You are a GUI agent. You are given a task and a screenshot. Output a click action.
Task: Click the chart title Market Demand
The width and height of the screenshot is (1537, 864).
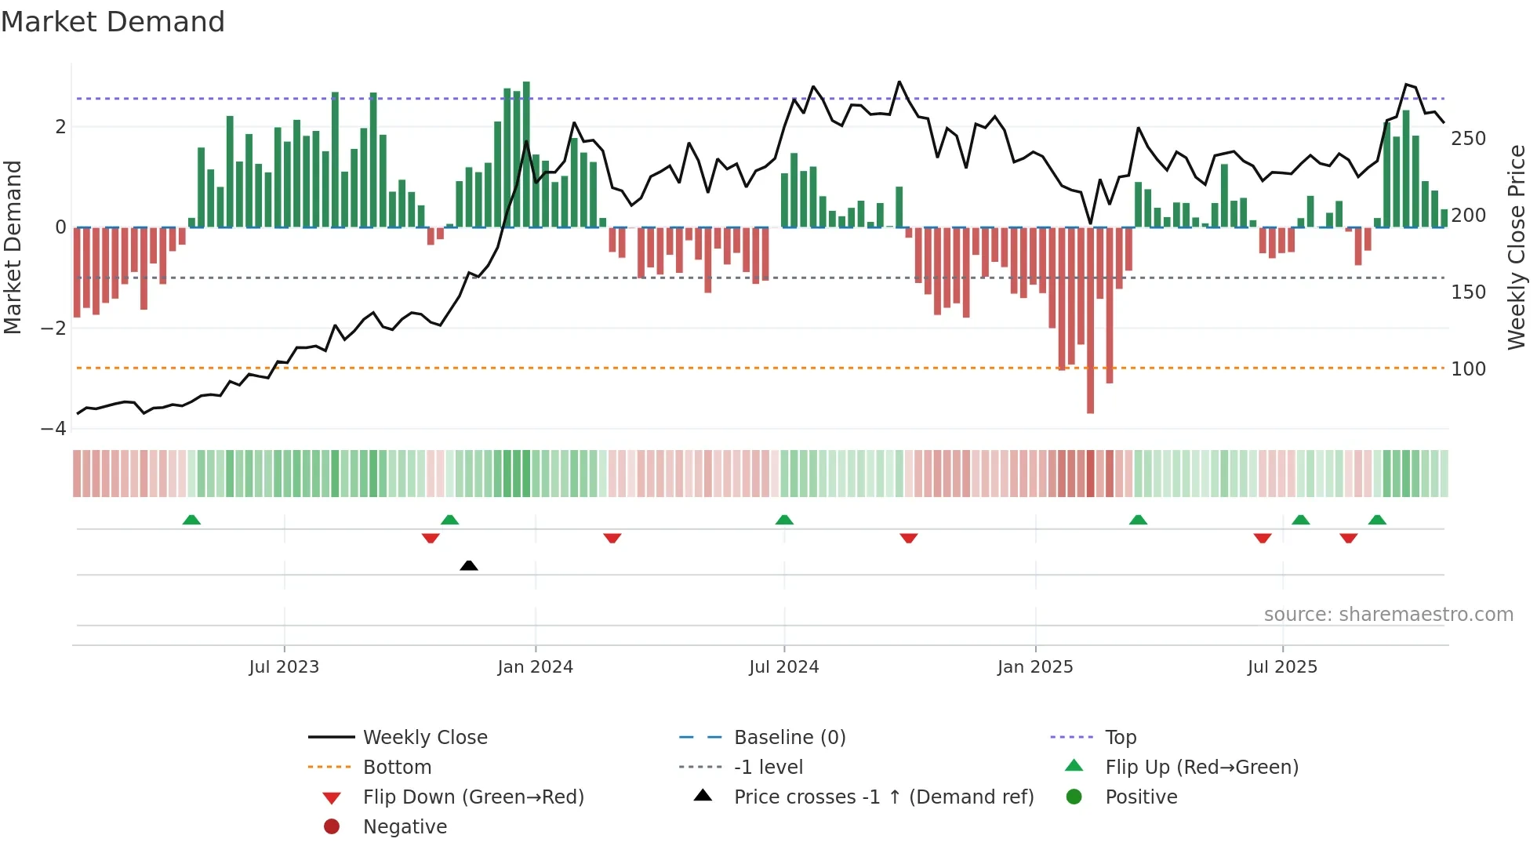(113, 22)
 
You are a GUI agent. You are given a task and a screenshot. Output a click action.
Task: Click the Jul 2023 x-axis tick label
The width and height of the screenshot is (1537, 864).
(284, 667)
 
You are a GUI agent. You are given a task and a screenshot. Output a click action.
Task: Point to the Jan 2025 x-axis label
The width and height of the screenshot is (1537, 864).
(1035, 667)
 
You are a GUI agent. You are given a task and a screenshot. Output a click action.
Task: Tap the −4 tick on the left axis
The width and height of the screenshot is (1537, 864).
(53, 429)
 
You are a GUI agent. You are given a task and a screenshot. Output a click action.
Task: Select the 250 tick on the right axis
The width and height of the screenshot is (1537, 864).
(1468, 139)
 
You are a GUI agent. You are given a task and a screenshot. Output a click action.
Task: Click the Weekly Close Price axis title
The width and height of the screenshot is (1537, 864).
(1517, 247)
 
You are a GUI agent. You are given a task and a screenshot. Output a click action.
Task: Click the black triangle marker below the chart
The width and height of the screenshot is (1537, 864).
(469, 565)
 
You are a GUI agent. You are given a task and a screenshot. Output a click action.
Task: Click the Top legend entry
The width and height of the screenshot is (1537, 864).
(1121, 738)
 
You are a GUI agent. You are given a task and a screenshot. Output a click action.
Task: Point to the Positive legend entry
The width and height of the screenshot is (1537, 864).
(1141, 797)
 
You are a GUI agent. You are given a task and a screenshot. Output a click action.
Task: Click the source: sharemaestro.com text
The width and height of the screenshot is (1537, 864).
(1388, 615)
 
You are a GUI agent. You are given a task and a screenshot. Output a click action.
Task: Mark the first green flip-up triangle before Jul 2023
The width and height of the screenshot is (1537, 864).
(191, 520)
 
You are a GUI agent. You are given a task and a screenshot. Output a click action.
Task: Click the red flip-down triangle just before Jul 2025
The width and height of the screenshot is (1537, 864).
(1263, 538)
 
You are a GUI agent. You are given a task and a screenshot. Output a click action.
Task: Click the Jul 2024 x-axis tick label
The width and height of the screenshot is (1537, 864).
(783, 667)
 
